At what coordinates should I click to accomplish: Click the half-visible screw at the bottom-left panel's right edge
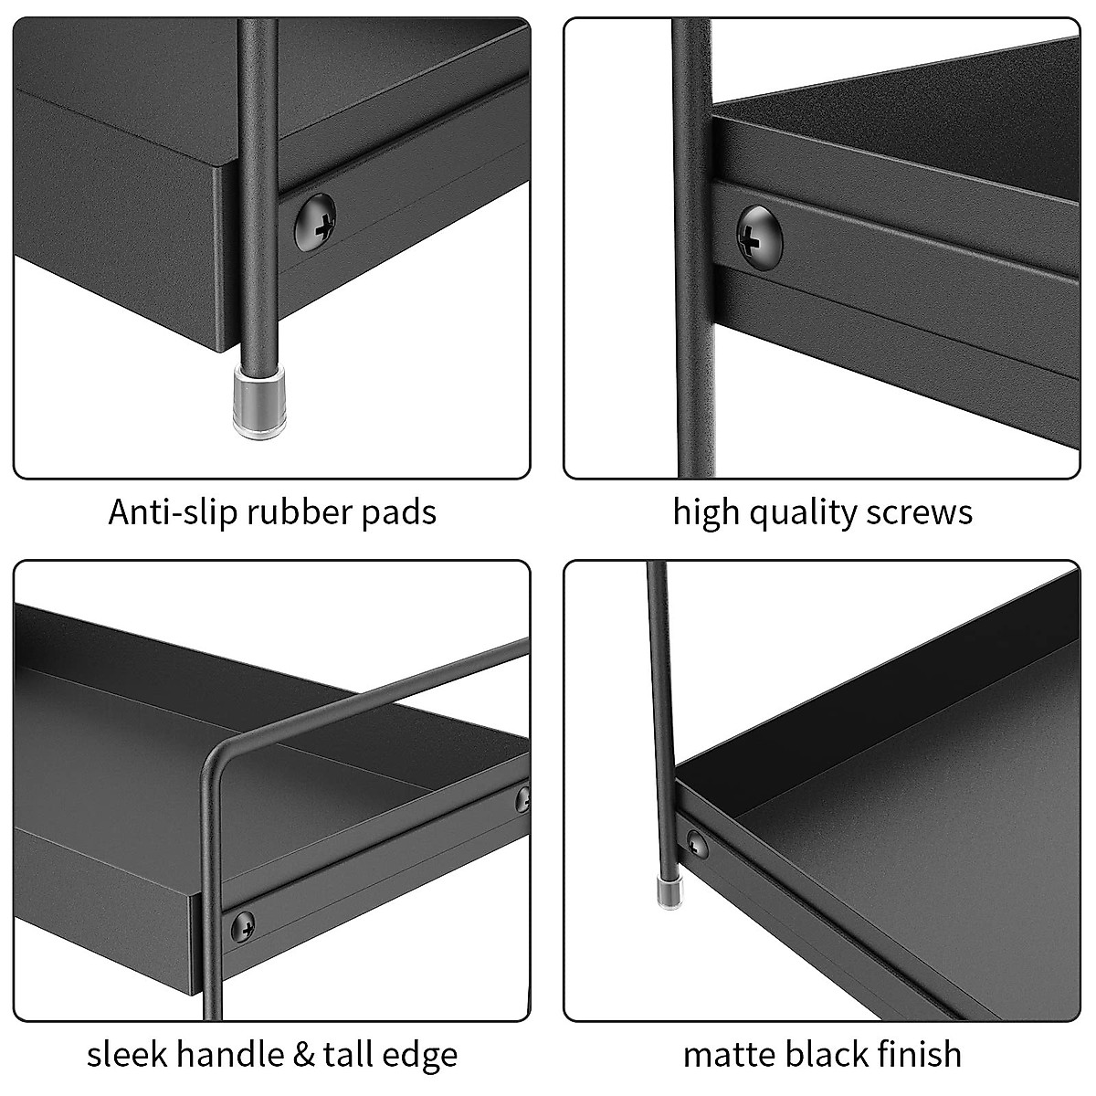[524, 797]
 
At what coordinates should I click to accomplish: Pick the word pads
[402, 511]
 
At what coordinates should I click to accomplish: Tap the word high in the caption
[706, 512]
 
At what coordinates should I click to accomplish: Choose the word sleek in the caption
[126, 1054]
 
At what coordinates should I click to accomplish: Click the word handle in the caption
[230, 1054]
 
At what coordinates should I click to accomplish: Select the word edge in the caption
[421, 1056]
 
